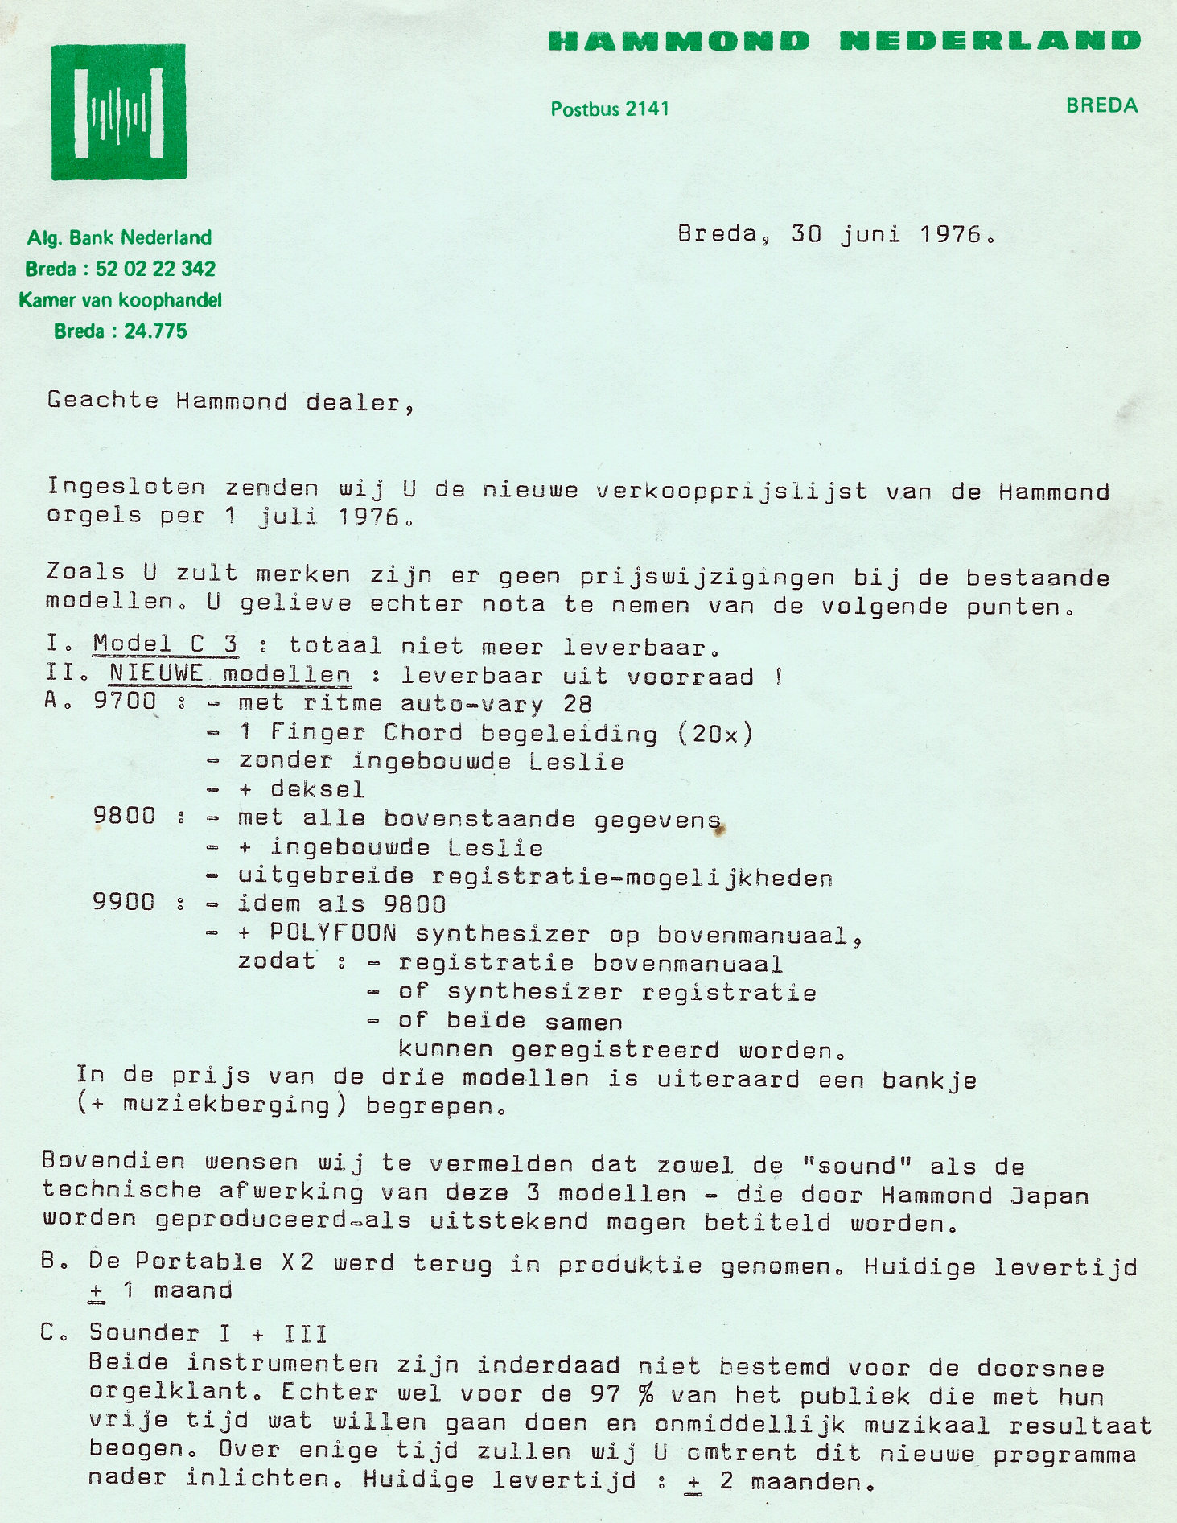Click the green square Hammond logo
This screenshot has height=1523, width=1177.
[119, 112]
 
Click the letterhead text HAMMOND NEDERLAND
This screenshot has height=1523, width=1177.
[843, 41]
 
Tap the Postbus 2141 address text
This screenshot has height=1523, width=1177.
[610, 109]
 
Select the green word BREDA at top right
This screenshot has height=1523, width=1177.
[1101, 105]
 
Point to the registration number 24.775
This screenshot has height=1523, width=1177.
[155, 331]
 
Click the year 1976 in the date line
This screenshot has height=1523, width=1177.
[951, 234]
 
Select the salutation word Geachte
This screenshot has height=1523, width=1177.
[103, 401]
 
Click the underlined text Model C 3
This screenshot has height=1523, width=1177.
[165, 644]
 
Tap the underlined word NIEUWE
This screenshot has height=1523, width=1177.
[156, 673]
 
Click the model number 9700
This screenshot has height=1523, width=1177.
[125, 701]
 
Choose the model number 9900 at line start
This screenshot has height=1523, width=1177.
[124, 902]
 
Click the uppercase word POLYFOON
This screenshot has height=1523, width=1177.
[333, 932]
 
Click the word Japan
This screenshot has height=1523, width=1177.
[1049, 1196]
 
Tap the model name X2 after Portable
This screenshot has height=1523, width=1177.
[297, 1262]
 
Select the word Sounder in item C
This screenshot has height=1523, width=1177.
[144, 1333]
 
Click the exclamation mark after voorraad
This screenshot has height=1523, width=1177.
[779, 677]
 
